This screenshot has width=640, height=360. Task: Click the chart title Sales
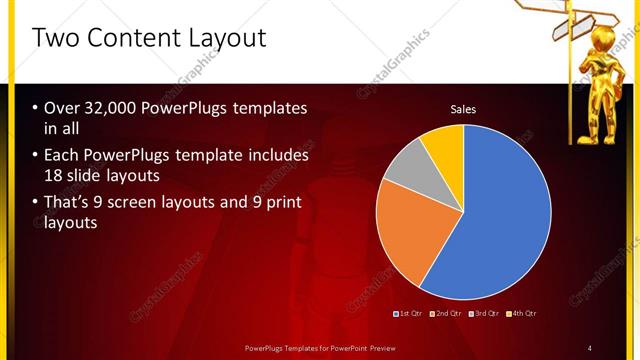pyautogui.click(x=463, y=109)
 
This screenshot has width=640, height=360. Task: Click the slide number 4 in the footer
pyautogui.click(x=590, y=347)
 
